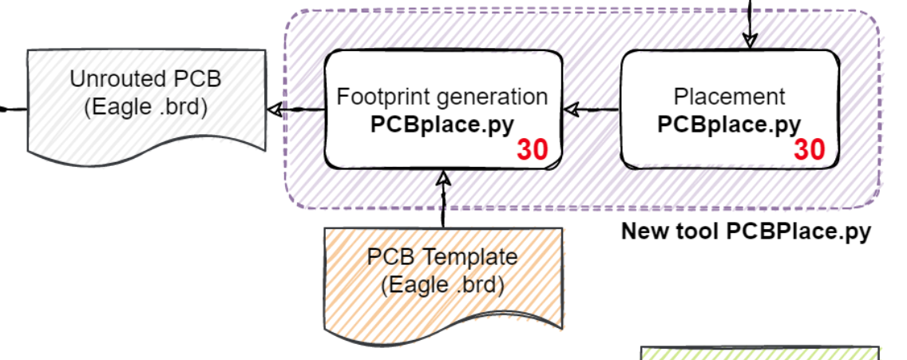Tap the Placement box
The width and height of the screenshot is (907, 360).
[729, 72]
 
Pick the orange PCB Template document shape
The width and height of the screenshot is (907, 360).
[442, 307]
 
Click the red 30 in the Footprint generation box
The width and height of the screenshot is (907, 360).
[532, 150]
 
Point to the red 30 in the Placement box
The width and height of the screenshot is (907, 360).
[809, 150]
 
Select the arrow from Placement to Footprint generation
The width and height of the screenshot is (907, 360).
[592, 109]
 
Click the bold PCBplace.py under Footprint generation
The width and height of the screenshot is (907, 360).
[442, 125]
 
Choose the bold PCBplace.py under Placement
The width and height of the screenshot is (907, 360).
[729, 125]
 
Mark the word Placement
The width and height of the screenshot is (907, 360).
[729, 97]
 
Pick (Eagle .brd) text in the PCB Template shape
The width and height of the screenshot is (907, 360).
[442, 284]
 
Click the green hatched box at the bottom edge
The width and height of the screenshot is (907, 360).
[760, 354]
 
